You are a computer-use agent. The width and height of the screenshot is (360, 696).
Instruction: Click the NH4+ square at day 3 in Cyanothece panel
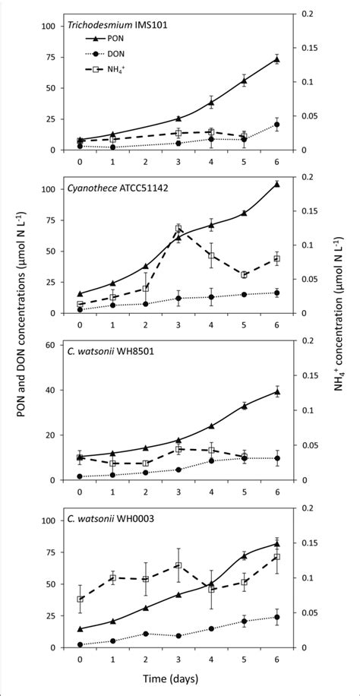pos(178,228)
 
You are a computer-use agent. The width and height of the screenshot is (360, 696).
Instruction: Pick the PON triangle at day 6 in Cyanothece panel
pos(276,184)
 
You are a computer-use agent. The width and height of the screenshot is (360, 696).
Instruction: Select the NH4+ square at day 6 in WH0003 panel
pos(276,557)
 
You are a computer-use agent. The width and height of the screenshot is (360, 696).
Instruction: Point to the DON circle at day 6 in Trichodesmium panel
pos(276,125)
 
